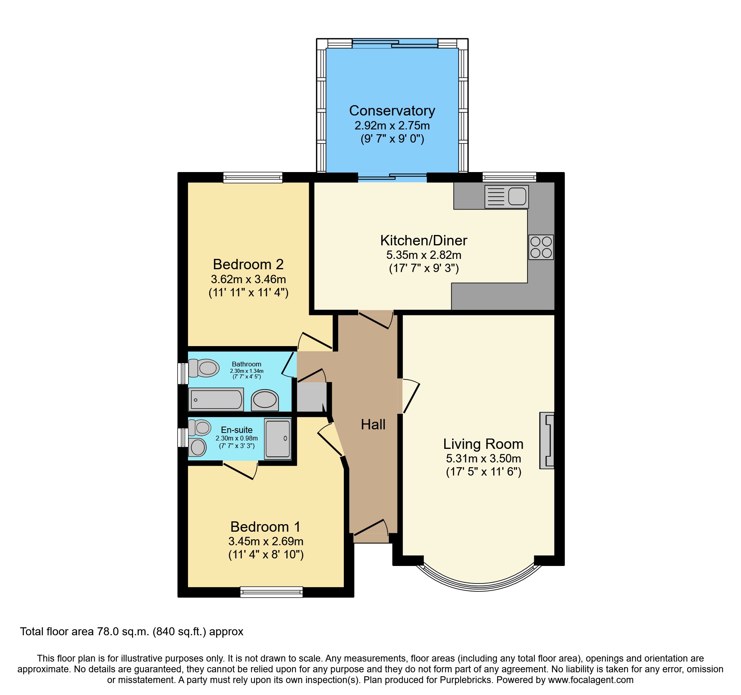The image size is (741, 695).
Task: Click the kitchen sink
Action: (x=506, y=197)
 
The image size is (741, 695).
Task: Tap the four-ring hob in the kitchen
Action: (x=541, y=247)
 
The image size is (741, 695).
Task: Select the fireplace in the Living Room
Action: (x=547, y=440)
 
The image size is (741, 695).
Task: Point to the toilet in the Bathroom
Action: (x=204, y=368)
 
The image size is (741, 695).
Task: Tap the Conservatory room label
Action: (x=392, y=111)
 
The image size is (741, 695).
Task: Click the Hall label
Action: (x=373, y=425)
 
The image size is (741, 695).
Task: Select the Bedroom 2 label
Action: (x=248, y=264)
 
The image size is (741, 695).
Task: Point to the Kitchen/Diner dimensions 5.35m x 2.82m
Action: (x=424, y=255)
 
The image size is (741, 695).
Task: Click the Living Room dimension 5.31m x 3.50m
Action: (x=483, y=459)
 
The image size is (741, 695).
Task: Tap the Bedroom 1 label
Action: (x=265, y=527)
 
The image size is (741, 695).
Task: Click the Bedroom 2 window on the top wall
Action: (x=253, y=178)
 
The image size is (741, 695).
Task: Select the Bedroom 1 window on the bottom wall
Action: (x=271, y=592)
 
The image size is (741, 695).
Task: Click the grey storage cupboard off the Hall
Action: (x=311, y=397)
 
